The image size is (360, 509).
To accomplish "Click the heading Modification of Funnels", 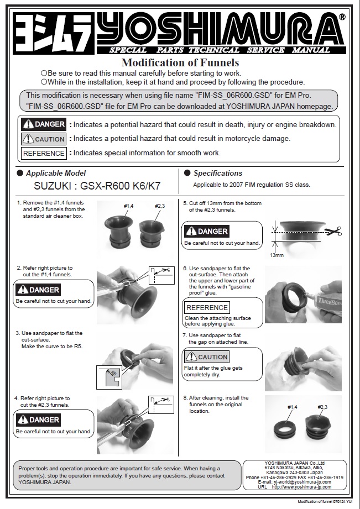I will pos(180,62).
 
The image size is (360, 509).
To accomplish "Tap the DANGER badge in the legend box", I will pos(44,124).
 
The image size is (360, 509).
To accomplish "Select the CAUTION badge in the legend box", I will pos(44,139).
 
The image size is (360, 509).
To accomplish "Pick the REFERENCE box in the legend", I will pos(44,153).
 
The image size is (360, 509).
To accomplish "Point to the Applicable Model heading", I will pos(56,173).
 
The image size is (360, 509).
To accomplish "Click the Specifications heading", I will pos(218,173).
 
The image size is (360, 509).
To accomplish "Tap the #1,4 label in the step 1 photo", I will pos(128,206).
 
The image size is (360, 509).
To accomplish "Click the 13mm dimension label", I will pos(277,255).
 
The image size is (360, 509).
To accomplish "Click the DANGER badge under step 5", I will pos(206,231).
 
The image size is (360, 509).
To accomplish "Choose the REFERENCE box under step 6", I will pos(207,307).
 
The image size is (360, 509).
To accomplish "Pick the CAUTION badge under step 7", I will pos(206,357).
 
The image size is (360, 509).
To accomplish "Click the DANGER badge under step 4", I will pos(38,420).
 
